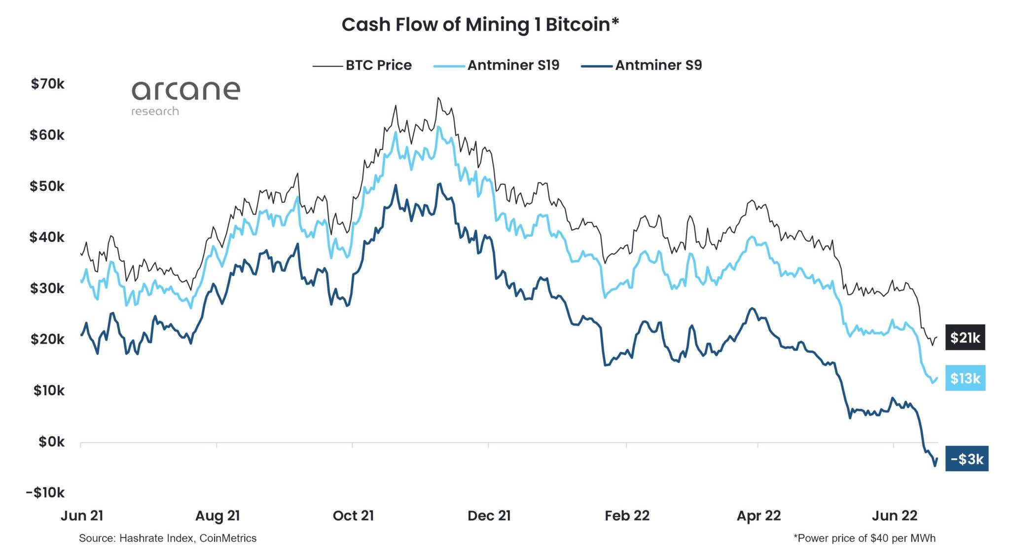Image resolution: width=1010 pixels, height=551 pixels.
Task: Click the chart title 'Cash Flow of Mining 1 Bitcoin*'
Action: (x=480, y=25)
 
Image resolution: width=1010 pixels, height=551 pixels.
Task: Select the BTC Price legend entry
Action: (x=362, y=65)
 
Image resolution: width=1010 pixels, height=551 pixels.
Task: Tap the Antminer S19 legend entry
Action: (x=496, y=65)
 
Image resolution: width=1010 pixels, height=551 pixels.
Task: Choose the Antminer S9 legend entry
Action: (x=641, y=65)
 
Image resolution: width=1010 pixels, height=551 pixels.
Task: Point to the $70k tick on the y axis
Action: (x=48, y=84)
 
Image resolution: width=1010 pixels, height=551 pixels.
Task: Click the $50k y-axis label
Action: (x=47, y=186)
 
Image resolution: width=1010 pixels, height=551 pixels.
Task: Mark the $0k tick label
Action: (x=52, y=441)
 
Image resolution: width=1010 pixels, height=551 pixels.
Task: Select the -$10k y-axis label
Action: (x=45, y=492)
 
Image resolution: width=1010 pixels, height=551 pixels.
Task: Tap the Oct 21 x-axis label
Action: (x=353, y=516)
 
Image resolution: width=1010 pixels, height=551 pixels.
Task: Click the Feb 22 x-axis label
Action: (x=627, y=516)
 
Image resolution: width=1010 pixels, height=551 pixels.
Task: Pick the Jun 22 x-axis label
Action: (x=895, y=516)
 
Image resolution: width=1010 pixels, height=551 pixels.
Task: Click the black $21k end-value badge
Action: (x=965, y=337)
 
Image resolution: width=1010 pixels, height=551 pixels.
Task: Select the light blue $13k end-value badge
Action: (x=965, y=378)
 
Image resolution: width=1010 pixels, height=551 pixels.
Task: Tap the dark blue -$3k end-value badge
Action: (x=967, y=459)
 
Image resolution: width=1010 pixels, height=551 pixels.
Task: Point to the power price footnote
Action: (x=864, y=538)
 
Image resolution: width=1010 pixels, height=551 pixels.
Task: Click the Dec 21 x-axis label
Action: (x=489, y=516)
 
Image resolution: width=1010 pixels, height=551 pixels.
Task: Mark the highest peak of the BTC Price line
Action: (x=438, y=98)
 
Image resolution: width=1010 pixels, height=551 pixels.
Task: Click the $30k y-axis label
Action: (x=47, y=288)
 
